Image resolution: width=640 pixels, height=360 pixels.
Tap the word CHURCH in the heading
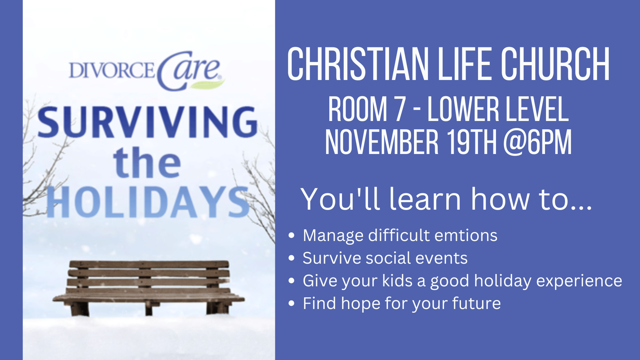click(555, 64)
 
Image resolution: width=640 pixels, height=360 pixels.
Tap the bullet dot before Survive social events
click(292, 258)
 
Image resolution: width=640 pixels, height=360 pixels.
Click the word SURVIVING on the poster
click(147, 122)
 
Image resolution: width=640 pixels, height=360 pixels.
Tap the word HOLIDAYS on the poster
click(148, 202)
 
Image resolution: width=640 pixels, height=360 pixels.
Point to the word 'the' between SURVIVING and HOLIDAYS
click(147, 163)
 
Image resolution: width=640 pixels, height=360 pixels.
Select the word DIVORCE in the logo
click(112, 70)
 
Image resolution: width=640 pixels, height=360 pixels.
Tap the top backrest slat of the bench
click(149, 264)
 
